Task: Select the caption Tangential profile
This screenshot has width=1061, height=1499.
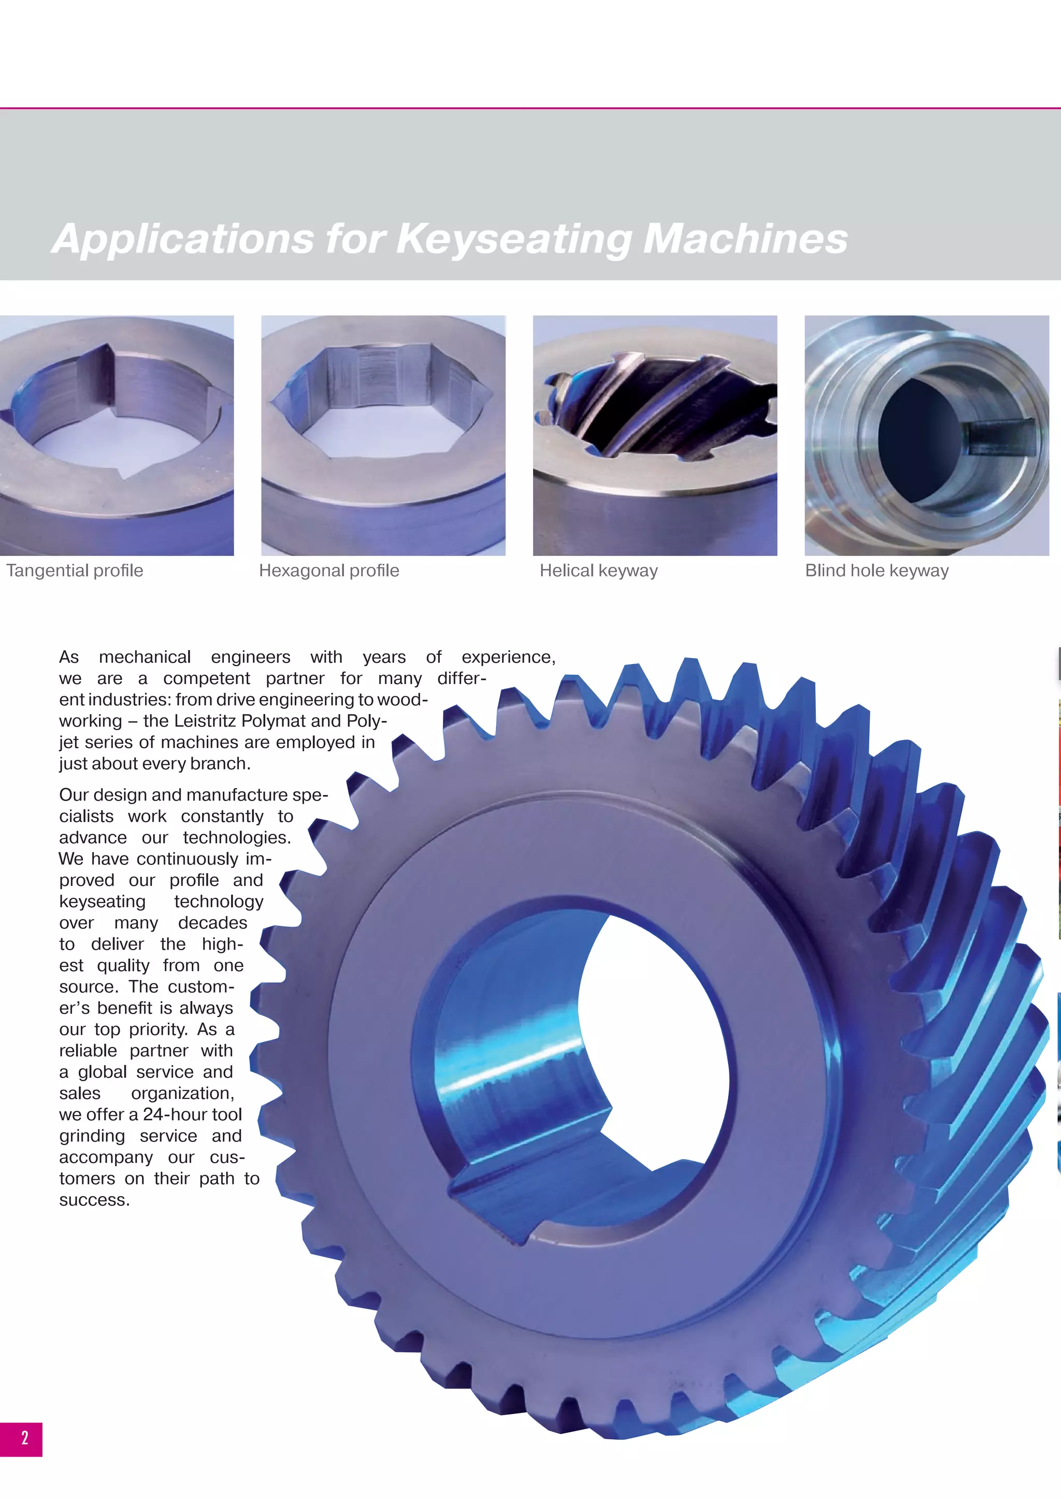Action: coord(75,570)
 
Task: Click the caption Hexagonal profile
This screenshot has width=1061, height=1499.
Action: coord(328,570)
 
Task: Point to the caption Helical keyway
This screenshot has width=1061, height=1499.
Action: coord(598,570)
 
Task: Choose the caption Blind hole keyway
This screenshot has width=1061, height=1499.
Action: coord(876,570)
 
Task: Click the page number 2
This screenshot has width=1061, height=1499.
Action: coord(25,1437)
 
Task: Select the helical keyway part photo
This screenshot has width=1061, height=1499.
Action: coord(655,435)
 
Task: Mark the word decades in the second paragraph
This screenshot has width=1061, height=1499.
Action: coord(212,923)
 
